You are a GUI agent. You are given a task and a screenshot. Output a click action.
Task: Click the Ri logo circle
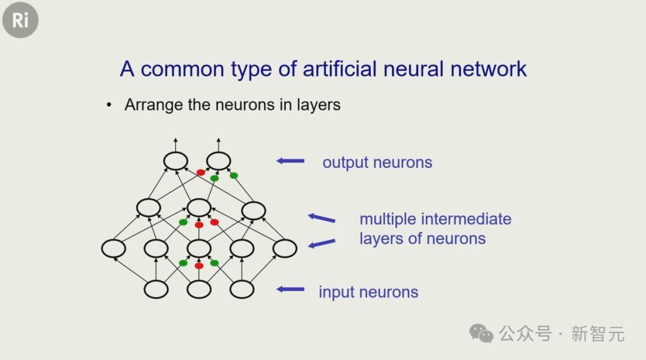coord(20,20)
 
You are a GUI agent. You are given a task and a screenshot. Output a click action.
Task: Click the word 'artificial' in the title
coord(340,69)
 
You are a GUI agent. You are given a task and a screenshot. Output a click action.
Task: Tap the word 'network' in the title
coord(488,69)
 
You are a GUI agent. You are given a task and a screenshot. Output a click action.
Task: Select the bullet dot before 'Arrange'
coord(109,105)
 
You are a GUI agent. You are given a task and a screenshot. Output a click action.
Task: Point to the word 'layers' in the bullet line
coord(318,105)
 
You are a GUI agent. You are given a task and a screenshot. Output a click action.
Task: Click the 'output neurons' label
coord(377,163)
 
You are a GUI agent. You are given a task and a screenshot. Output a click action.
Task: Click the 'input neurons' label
coord(368,292)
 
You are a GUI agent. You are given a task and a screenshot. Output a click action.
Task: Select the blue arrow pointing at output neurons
coord(291,161)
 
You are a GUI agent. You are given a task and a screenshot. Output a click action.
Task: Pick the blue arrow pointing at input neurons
coord(291,289)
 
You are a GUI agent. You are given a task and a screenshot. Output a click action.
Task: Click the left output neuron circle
coord(175,161)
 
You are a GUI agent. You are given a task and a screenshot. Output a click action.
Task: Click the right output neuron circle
coord(218,161)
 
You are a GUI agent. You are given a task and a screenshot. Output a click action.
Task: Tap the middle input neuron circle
coord(199,289)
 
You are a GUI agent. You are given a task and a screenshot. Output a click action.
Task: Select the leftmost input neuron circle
coord(156,289)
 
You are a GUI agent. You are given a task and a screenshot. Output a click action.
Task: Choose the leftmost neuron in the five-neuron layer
coord(113,248)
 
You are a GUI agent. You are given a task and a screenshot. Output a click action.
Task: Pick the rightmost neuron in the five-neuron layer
coord(285,248)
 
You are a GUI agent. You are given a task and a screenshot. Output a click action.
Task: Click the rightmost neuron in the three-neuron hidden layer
coord(254,210)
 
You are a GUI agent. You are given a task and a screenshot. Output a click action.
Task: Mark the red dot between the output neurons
coord(200,172)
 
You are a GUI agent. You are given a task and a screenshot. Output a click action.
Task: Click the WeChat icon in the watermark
coord(481,333)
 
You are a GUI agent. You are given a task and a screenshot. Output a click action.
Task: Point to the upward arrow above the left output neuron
coord(175,145)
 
